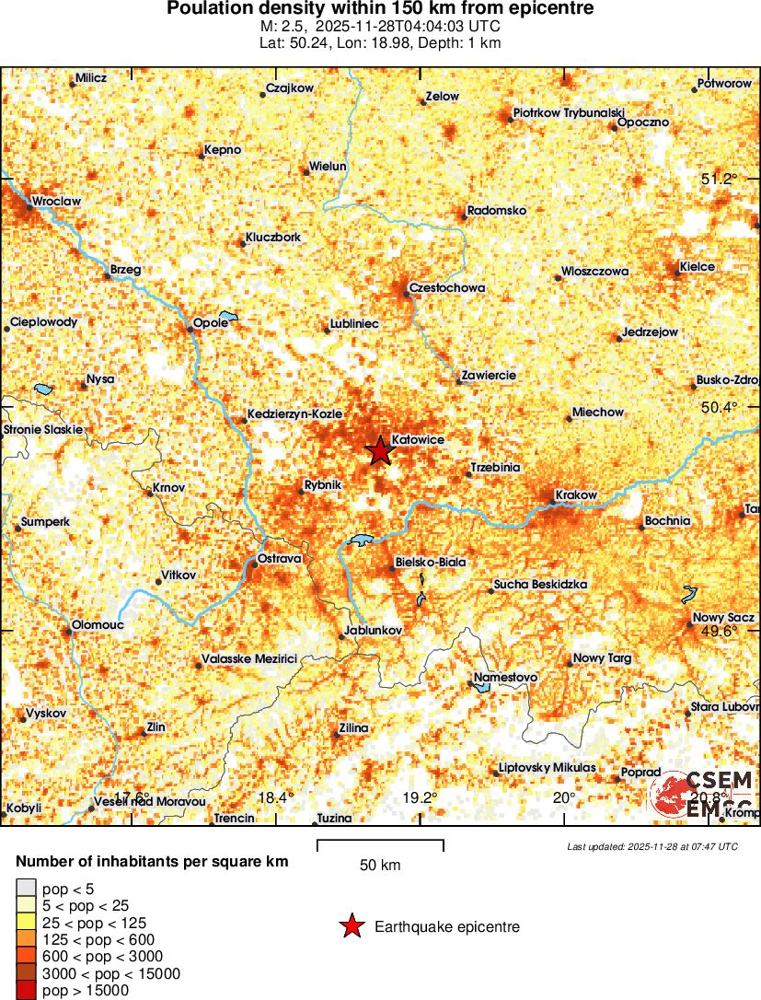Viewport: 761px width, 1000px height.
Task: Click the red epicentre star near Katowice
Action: pyautogui.click(x=378, y=451)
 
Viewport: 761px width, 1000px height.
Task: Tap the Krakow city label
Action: pyautogui.click(x=577, y=495)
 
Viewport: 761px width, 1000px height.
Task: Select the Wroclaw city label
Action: pyautogui.click(x=56, y=201)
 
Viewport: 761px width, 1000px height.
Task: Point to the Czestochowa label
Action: pyautogui.click(x=447, y=288)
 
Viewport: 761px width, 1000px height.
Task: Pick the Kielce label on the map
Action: pyautogui.click(x=697, y=267)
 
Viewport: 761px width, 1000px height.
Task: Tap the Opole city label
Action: pyautogui.click(x=211, y=322)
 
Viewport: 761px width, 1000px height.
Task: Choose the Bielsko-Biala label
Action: pyautogui.click(x=430, y=562)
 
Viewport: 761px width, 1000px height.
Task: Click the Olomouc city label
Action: pyautogui.click(x=98, y=625)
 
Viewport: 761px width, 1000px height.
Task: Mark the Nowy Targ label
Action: pyautogui.click(x=602, y=658)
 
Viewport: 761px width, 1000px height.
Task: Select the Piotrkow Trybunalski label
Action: pyautogui.click(x=569, y=111)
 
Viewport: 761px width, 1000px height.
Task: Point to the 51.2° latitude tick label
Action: pyautogui.click(x=719, y=179)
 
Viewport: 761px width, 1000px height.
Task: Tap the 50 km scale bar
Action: pyautogui.click(x=380, y=845)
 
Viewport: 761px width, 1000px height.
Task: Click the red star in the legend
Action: pyautogui.click(x=352, y=927)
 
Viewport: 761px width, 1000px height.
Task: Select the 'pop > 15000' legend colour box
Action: pyautogui.click(x=27, y=991)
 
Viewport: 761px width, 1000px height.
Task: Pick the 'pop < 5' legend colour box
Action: pyautogui.click(x=27, y=888)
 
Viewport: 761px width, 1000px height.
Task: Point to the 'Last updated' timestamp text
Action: pyautogui.click(x=652, y=846)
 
